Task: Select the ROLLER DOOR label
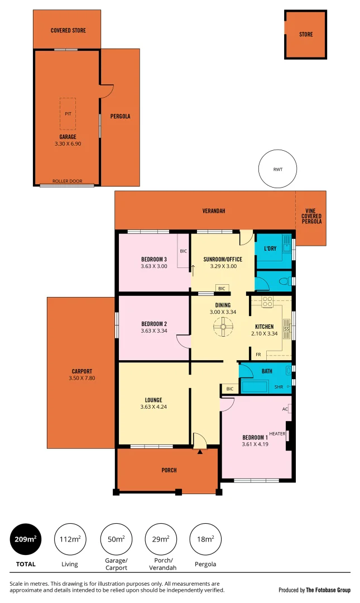(67, 181)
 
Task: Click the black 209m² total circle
(26, 539)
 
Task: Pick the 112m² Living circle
(70, 539)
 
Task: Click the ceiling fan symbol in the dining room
(223, 327)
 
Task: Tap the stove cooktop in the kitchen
(267, 302)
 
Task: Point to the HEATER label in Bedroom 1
(277, 434)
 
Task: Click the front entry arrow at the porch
(200, 452)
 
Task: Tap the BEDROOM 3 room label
(154, 259)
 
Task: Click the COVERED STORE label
(68, 30)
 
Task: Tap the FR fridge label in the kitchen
(258, 355)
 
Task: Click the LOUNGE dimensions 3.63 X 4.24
(153, 407)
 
